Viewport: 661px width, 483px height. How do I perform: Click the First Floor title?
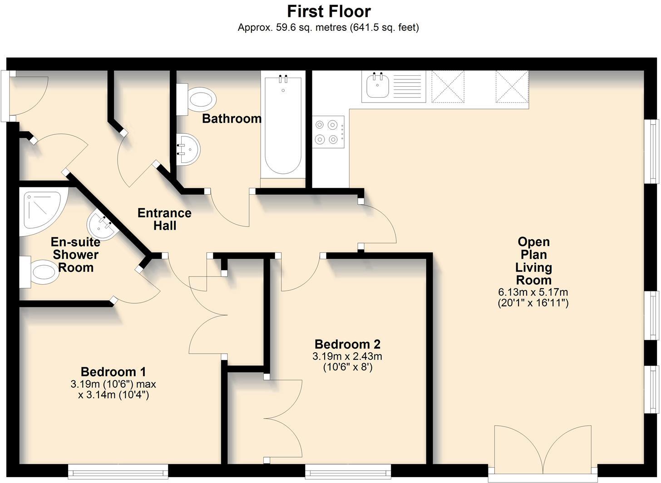pos(329,11)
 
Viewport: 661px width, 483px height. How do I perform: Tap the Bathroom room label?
pos(232,119)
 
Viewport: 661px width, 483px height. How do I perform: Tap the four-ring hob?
pos(327,132)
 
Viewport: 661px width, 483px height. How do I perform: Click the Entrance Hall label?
pos(164,219)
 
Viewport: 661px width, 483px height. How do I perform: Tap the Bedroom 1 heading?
pos(113,372)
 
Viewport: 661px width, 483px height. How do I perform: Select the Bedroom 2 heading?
pos(347,344)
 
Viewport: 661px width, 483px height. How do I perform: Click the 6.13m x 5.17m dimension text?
pos(533,292)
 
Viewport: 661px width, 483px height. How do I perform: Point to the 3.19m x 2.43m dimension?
pos(347,356)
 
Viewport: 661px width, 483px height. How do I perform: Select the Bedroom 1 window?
pos(118,471)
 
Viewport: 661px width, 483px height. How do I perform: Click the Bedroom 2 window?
pos(348,471)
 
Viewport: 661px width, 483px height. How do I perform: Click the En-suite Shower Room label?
pos(76,255)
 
